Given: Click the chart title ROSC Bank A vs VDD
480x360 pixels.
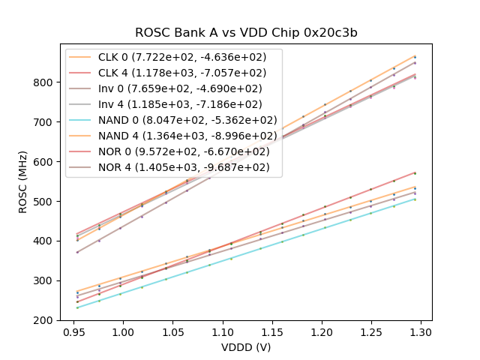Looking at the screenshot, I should pos(247,33).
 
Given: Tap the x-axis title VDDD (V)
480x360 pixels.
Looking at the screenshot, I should pos(247,347).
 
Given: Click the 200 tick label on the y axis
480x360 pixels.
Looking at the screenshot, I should pos(45,320).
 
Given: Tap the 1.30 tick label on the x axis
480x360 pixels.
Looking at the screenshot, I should pos(421,331).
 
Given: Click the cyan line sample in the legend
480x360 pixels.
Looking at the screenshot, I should pos(82,120).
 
